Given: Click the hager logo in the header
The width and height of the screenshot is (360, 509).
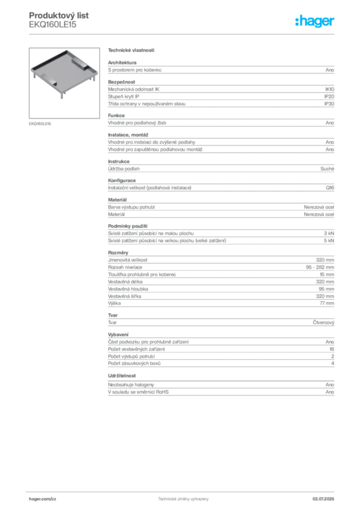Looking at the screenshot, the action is click(314, 21).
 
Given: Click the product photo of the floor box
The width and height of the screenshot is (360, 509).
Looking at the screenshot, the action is click(64, 83).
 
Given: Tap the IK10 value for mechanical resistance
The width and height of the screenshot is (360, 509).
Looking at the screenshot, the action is click(330, 89).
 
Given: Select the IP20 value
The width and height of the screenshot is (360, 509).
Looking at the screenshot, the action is click(329, 96).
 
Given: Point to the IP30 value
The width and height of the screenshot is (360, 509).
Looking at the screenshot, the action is click(329, 104).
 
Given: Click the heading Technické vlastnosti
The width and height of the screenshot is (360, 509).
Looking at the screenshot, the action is click(131, 50).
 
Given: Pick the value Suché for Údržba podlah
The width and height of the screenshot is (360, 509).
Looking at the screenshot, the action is click(327, 169).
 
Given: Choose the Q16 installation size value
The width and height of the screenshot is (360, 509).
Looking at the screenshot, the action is click(330, 187).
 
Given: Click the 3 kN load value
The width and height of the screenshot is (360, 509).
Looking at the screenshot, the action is click(329, 234).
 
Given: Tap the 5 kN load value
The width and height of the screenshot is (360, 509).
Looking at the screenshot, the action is click(329, 241).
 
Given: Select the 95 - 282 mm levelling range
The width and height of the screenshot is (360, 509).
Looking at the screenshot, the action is click(320, 267).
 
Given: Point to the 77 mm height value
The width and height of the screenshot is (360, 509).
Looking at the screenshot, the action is click(327, 303).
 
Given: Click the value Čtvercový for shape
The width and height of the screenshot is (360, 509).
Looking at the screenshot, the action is click(323, 323).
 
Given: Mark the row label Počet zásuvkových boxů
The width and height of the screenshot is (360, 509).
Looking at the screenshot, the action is click(134, 363).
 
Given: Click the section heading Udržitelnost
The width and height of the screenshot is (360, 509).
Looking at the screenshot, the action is click(122, 376).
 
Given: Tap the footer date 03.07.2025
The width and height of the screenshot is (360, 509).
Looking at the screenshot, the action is click(323, 499).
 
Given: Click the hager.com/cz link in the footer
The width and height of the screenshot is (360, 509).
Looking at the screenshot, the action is click(43, 499).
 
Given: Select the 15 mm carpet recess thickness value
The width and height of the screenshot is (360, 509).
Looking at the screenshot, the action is click(327, 274).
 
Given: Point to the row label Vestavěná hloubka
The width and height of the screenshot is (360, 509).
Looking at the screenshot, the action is click(128, 289).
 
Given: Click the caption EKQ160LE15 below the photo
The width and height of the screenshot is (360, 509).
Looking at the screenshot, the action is click(40, 124).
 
